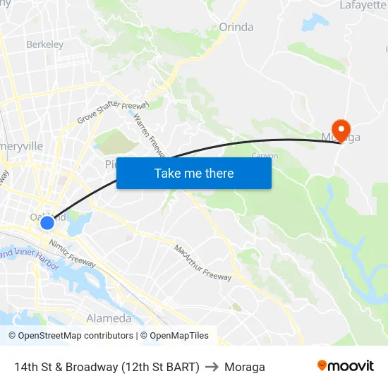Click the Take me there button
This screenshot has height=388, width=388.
tap(194, 173)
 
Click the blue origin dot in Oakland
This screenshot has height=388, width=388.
tap(47, 223)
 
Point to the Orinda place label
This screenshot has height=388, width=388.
tap(236, 28)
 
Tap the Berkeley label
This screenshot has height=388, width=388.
tap(44, 44)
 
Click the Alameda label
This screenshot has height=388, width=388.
tap(109, 318)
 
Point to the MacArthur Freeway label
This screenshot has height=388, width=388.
tap(202, 262)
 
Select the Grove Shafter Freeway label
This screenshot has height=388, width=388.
tap(109, 111)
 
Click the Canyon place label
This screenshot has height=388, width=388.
tap(265, 155)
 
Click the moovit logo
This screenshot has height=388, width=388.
tap(345, 365)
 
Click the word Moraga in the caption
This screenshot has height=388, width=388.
tap(245, 367)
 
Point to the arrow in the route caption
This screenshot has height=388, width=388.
tap(212, 367)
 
